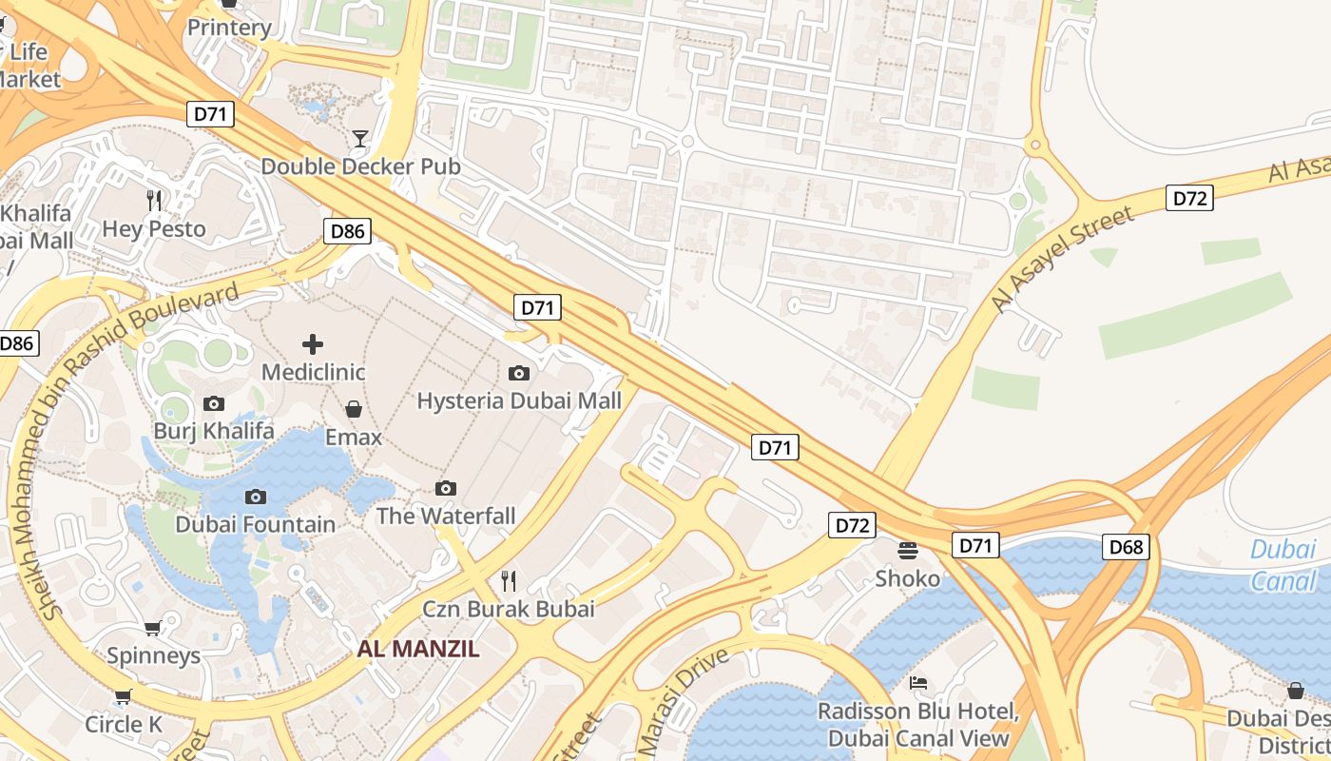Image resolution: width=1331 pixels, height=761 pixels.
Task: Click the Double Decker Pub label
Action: [360, 166]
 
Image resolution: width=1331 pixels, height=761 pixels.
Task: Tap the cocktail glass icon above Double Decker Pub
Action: [359, 140]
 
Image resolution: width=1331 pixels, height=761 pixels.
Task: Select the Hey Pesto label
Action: [154, 229]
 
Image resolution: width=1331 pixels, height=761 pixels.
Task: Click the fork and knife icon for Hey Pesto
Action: [154, 200]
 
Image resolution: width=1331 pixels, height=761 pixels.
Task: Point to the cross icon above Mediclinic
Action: [313, 343]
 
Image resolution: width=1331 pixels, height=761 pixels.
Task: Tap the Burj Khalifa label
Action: [214, 431]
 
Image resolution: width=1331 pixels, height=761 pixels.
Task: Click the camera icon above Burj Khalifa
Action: [214, 403]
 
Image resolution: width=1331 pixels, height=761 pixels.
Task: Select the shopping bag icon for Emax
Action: [354, 409]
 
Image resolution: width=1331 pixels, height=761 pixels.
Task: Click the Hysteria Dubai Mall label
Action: [519, 400]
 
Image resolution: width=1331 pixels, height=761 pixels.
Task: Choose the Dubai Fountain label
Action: [255, 524]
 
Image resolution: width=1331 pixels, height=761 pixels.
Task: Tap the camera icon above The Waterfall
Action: [446, 488]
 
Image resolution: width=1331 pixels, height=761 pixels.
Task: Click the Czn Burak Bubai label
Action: [509, 609]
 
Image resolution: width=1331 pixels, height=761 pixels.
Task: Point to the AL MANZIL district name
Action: [418, 650]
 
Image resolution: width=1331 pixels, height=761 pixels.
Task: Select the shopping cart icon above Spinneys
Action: [152, 628]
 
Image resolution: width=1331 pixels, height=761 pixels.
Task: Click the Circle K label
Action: [124, 724]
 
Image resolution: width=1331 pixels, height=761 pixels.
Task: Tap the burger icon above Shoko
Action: [908, 550]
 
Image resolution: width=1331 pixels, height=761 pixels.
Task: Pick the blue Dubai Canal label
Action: [1283, 565]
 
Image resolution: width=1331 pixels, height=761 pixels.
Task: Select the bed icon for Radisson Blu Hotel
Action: [918, 683]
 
